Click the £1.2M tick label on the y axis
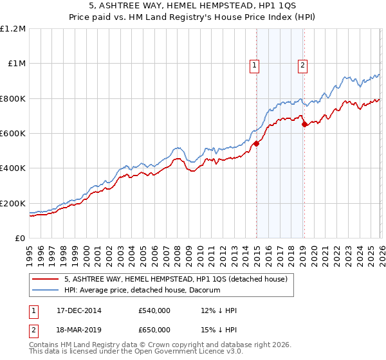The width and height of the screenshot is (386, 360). (13, 29)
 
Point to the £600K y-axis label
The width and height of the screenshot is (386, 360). (13, 134)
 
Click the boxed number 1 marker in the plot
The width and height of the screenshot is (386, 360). (255, 64)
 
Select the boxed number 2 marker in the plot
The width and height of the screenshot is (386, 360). (302, 64)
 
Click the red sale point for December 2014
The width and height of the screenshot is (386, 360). (256, 144)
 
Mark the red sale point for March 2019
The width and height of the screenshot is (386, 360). (304, 125)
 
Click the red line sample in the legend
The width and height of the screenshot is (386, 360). (46, 279)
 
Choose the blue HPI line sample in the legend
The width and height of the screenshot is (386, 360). (46, 290)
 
